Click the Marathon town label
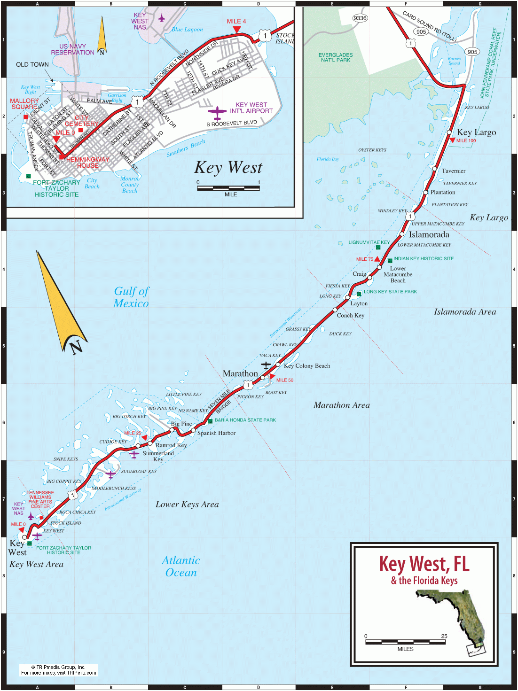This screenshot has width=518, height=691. [240, 373]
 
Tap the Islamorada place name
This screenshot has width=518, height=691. [429, 234]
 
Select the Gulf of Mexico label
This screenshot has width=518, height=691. [131, 297]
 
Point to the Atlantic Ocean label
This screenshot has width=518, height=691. [181, 566]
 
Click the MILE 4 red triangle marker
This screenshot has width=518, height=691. [237, 30]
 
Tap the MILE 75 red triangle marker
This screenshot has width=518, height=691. [377, 259]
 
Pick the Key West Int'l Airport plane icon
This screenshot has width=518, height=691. [217, 112]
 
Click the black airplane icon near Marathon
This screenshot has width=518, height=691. [266, 365]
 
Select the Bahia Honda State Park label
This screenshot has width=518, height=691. [245, 420]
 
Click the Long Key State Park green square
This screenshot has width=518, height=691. [359, 294]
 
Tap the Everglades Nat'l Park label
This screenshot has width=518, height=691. [335, 57]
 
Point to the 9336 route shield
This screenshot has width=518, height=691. [360, 18]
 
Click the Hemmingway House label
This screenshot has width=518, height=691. [88, 163]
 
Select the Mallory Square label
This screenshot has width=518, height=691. [24, 103]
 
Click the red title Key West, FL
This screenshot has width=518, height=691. [424, 564]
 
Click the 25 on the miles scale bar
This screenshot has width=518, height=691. [444, 636]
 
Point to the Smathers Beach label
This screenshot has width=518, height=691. [186, 148]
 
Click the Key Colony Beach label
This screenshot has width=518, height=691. [306, 365]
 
